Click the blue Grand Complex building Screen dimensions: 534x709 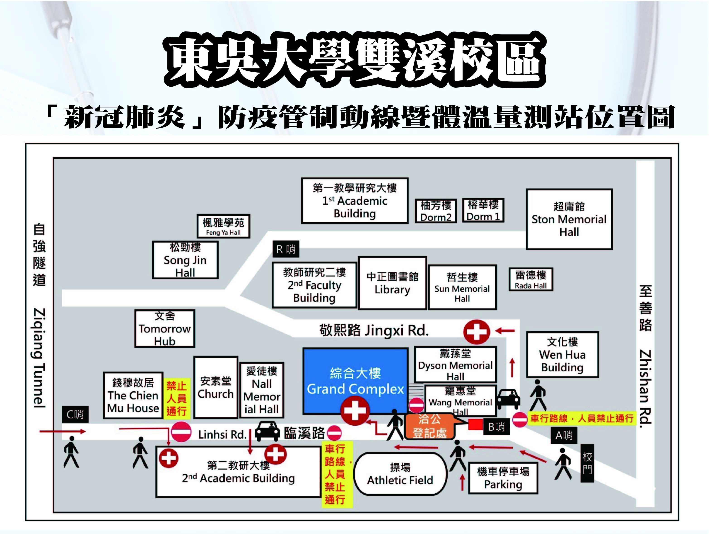355,380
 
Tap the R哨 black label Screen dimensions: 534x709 286,249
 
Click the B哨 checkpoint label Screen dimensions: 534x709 496,427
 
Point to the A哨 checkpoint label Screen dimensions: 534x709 564,435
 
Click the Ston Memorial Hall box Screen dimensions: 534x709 569,219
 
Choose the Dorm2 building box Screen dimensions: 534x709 436,211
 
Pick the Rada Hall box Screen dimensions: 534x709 531,279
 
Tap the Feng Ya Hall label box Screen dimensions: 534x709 223,226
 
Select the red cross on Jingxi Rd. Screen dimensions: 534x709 476,332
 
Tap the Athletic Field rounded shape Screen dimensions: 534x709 400,474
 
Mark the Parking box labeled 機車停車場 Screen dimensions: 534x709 503,478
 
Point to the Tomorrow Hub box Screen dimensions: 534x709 165,328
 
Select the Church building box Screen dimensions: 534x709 216,387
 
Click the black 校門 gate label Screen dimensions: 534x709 587,463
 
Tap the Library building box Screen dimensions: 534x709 392,283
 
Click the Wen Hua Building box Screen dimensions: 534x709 562,354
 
